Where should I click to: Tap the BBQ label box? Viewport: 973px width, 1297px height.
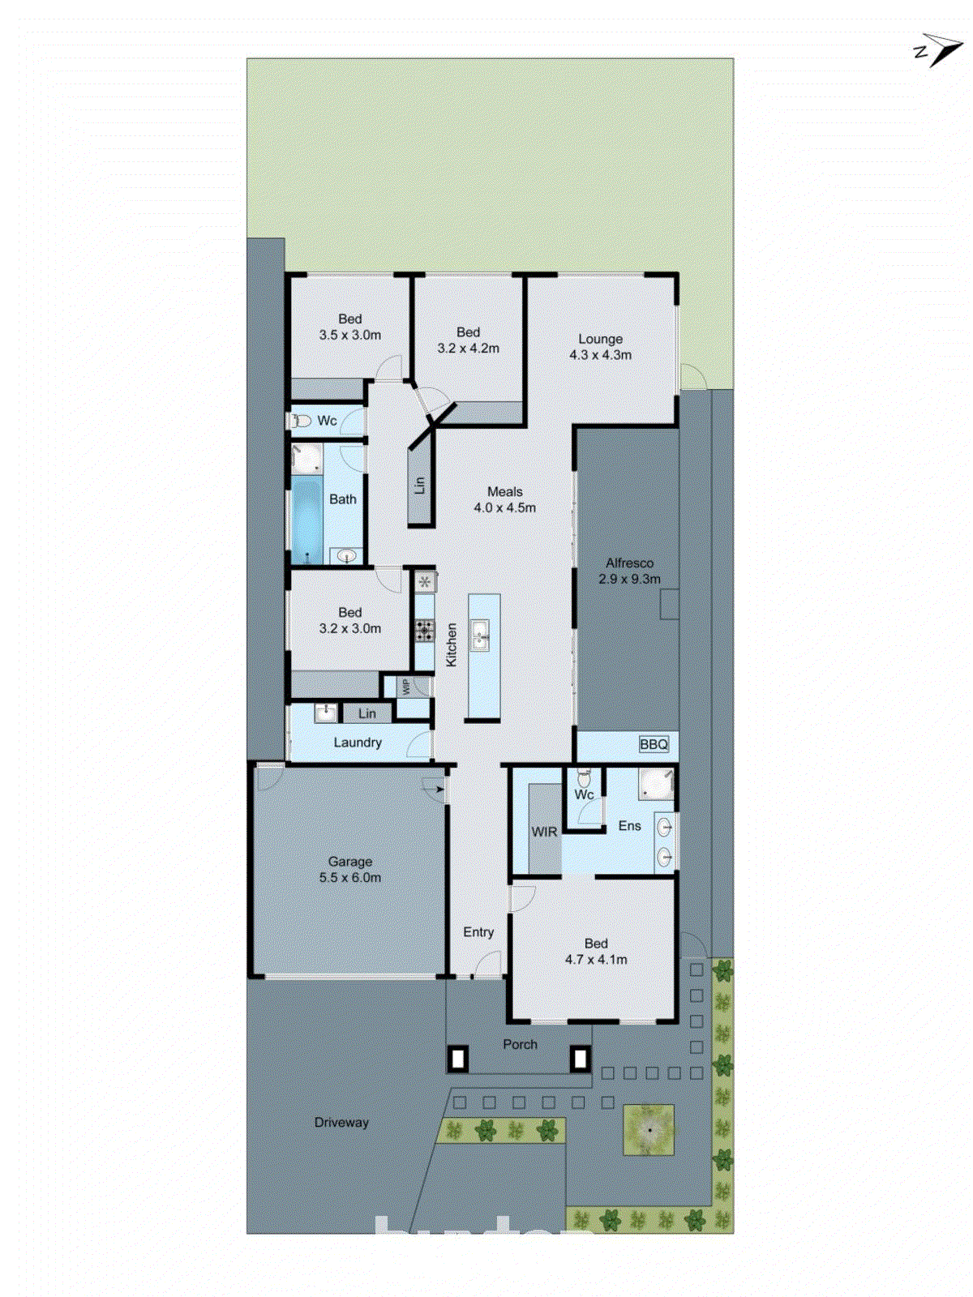(x=654, y=744)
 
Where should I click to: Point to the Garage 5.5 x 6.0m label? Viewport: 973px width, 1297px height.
(x=350, y=870)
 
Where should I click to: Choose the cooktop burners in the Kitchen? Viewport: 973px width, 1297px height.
(x=424, y=631)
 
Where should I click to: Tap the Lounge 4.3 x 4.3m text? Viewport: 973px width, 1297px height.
(x=600, y=347)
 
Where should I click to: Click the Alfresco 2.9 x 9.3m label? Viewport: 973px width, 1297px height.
(x=629, y=571)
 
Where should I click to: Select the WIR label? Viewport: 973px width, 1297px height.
(x=544, y=832)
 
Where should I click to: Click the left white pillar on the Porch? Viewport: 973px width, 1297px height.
(x=459, y=1059)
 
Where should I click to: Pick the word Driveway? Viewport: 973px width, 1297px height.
(x=341, y=1123)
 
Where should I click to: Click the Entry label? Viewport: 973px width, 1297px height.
(x=478, y=932)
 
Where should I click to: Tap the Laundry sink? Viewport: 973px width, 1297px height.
(x=325, y=713)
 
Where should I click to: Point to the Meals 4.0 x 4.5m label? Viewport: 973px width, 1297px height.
(x=504, y=499)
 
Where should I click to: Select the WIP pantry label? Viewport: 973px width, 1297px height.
(x=405, y=687)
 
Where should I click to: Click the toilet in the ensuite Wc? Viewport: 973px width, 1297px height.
(x=584, y=779)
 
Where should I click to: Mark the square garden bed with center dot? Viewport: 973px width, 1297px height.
(x=649, y=1130)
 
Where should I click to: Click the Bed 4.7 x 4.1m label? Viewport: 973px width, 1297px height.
(x=596, y=952)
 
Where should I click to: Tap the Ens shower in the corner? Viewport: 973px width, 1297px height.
(x=655, y=783)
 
